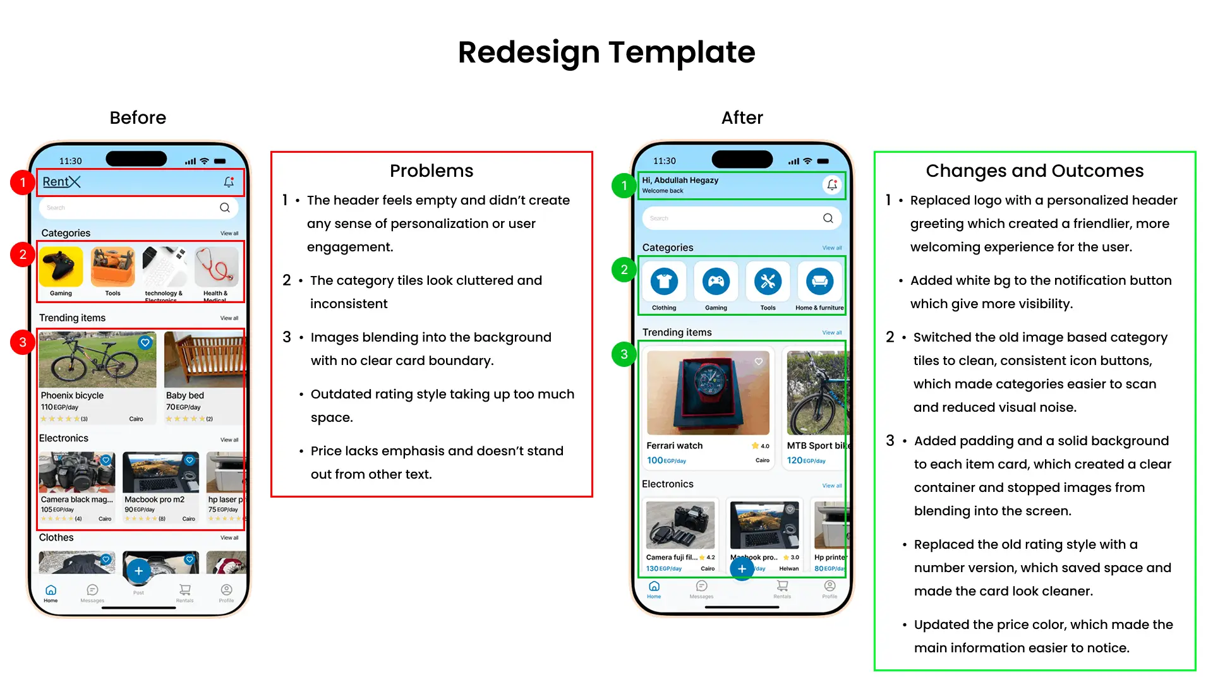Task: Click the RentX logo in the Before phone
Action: pos(61,182)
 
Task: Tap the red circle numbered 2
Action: pos(23,254)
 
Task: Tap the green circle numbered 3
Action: pos(624,354)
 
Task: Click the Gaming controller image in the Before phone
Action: pos(61,266)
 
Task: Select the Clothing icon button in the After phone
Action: pos(664,282)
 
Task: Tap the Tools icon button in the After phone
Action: pos(768,282)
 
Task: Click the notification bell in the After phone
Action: pos(832,185)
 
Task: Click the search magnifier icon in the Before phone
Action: pos(224,208)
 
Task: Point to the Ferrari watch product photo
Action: pos(708,392)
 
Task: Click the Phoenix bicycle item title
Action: pos(72,395)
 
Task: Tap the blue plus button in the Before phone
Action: pos(138,571)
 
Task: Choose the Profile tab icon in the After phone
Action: pos(830,586)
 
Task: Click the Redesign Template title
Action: pos(606,52)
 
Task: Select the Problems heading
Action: pos(431,171)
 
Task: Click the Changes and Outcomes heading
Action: pos(1034,171)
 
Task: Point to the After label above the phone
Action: pos(742,117)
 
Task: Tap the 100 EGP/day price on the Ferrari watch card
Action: pos(666,460)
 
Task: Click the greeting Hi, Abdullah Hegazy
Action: pos(680,180)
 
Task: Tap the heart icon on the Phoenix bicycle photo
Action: pos(145,342)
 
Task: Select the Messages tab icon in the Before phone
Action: pos(92,590)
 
